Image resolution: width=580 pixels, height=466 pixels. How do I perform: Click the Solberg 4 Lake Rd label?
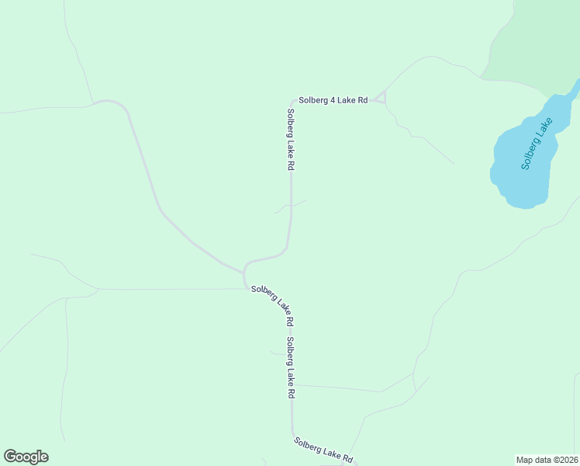coord(333,100)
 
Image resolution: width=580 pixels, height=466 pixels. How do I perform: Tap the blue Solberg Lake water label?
coord(537,144)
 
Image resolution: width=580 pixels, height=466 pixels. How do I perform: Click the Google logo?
coord(26,457)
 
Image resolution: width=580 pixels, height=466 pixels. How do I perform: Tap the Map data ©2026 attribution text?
coord(547,460)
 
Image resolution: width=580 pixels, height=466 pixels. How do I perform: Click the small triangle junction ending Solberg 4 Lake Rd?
coord(381,97)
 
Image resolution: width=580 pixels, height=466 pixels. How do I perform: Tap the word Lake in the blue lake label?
coord(544,128)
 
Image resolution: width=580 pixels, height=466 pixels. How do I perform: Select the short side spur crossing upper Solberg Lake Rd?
coord(290,206)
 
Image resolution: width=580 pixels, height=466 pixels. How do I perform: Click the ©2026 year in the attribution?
coord(562,460)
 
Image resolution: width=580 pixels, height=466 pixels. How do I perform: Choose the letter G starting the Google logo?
coord(10,457)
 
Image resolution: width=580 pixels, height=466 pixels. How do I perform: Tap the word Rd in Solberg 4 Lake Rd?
coord(361,100)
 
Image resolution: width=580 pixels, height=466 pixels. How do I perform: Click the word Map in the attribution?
coord(525,460)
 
